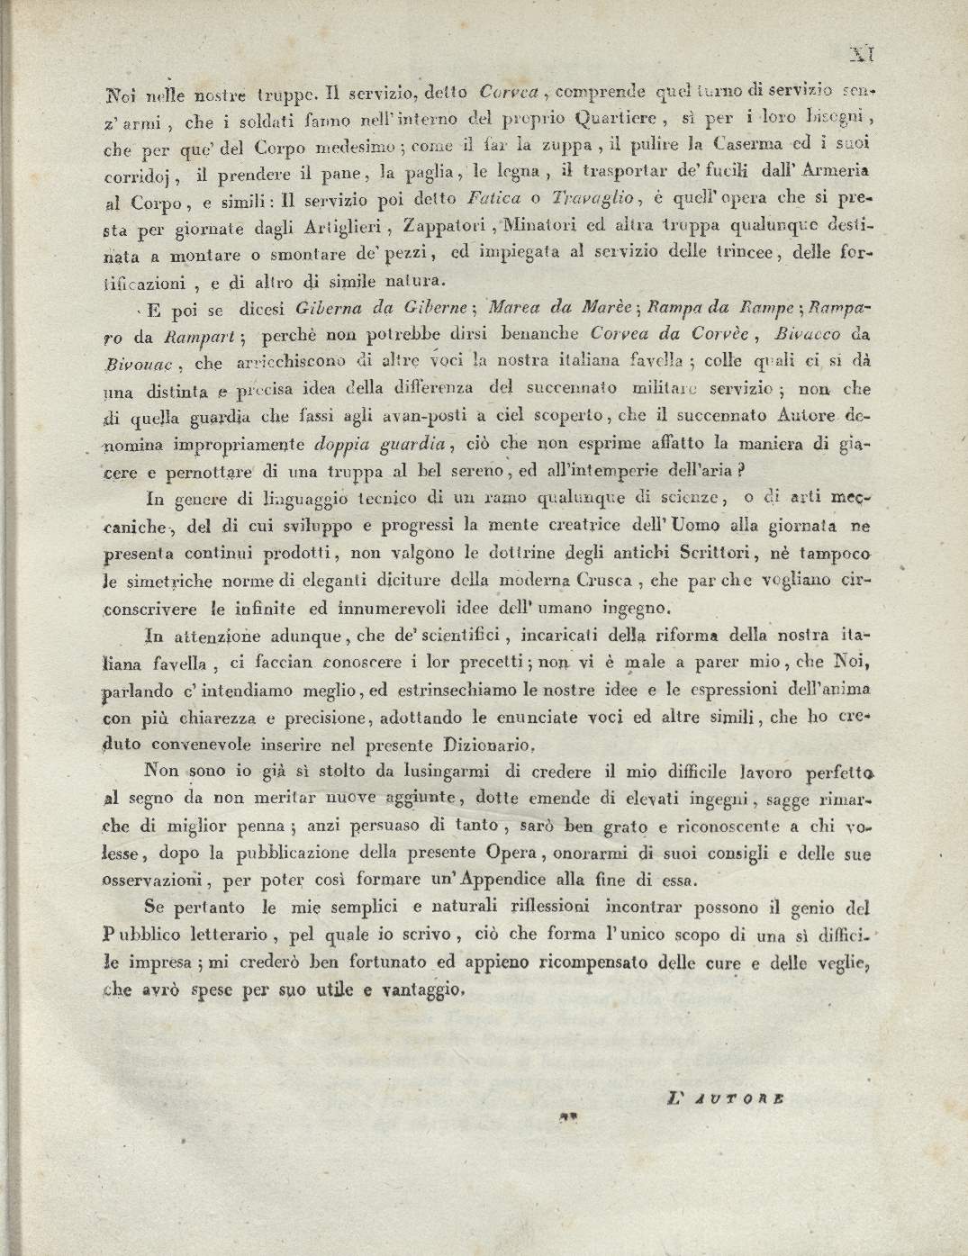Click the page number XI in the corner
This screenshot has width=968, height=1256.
pos(863,55)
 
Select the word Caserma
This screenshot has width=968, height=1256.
pos(746,142)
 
